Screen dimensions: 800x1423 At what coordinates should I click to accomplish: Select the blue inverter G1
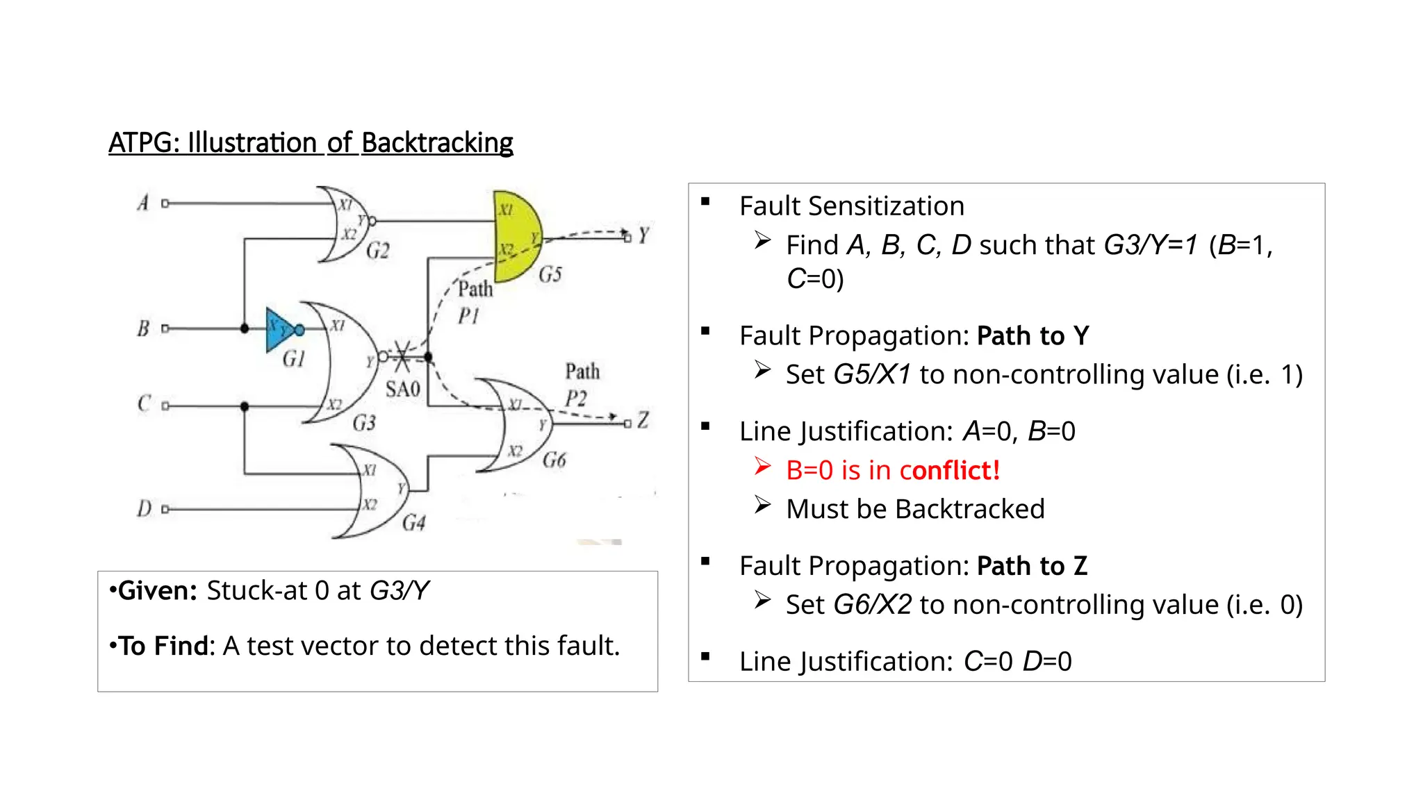click(x=279, y=329)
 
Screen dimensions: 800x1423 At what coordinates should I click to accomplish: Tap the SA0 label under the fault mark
click(x=403, y=389)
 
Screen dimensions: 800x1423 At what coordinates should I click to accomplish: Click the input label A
click(x=143, y=203)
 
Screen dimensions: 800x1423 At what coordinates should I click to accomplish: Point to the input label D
click(x=144, y=508)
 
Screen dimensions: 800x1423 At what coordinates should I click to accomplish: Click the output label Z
click(x=643, y=419)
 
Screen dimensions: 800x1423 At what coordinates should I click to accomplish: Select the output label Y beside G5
click(x=643, y=235)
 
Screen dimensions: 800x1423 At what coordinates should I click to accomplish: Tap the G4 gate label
click(x=414, y=522)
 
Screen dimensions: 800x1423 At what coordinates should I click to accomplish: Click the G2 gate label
click(x=378, y=250)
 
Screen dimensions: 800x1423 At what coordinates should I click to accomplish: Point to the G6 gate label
click(x=554, y=460)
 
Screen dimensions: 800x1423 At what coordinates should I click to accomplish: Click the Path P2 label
click(x=581, y=385)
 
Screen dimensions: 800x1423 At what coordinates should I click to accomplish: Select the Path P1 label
click(x=474, y=302)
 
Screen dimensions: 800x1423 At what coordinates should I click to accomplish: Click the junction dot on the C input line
click(x=245, y=406)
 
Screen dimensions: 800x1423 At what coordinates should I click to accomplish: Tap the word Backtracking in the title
click(x=437, y=142)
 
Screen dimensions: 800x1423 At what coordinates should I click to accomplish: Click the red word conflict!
click(x=955, y=470)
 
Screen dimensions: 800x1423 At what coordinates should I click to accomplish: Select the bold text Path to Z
click(x=1032, y=566)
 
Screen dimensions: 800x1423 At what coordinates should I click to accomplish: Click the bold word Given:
click(x=158, y=591)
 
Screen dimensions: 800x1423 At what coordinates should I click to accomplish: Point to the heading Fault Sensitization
click(x=852, y=206)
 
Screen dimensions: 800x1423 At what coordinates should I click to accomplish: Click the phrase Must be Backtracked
click(x=915, y=509)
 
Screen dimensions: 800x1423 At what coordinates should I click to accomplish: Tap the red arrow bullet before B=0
click(x=763, y=467)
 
